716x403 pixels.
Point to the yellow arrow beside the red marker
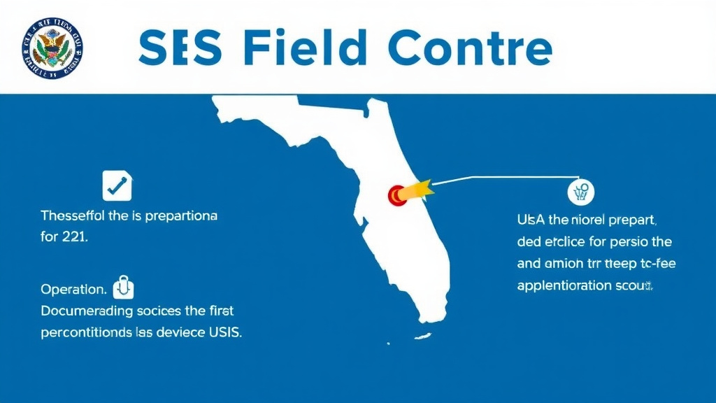point(419,190)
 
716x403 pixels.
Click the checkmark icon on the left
point(117,185)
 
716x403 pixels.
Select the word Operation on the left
point(73,289)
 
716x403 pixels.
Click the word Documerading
point(85,310)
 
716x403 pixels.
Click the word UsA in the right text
point(531,220)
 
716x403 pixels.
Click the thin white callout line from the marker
point(503,179)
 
